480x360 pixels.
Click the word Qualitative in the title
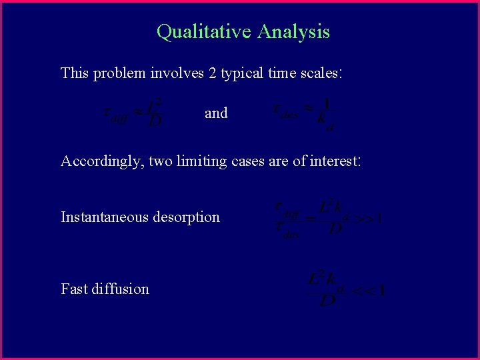(x=204, y=32)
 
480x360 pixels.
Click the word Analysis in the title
(x=294, y=32)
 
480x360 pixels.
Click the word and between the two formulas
(x=216, y=113)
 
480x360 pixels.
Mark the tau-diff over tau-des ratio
(x=288, y=219)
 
